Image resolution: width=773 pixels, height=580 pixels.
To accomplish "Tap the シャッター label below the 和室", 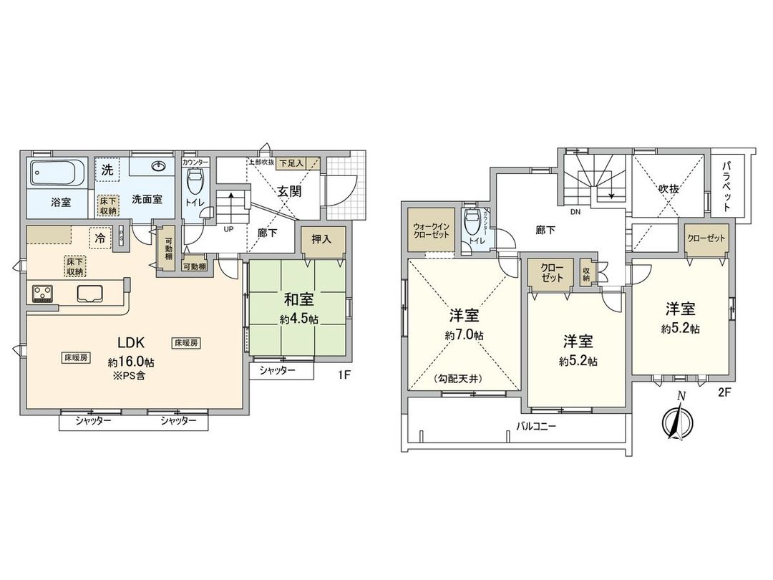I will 277,370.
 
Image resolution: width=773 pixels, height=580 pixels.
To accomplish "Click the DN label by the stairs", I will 574,213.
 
